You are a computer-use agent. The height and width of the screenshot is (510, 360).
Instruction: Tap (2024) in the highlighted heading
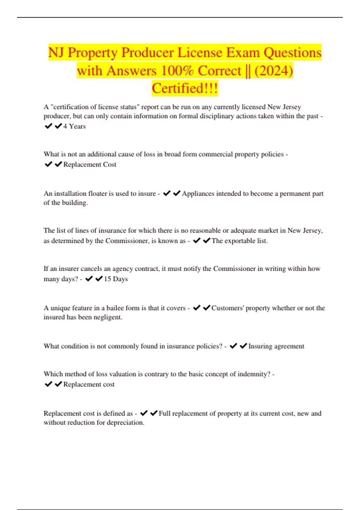pyautogui.click(x=274, y=71)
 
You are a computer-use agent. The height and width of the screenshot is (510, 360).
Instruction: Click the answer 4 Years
pyautogui.click(x=74, y=126)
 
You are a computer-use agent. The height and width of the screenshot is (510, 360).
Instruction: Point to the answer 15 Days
pyautogui.click(x=116, y=279)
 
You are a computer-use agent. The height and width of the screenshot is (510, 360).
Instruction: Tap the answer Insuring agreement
pyautogui.click(x=276, y=346)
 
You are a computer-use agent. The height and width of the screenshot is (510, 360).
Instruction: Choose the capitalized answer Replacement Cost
pyautogui.click(x=90, y=164)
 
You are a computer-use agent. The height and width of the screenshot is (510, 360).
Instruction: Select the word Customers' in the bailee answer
pyautogui.click(x=227, y=308)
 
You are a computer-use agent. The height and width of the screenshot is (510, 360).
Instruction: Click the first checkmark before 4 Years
pyautogui.click(x=48, y=126)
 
